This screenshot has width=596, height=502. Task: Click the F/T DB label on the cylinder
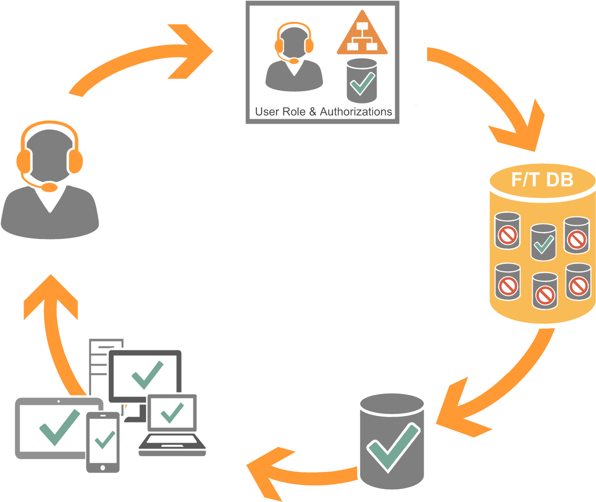click(x=542, y=180)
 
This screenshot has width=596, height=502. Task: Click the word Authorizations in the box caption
click(x=355, y=112)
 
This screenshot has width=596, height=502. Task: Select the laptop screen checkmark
click(x=172, y=412)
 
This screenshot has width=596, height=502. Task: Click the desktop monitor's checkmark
click(x=146, y=374)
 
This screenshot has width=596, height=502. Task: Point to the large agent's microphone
click(x=49, y=187)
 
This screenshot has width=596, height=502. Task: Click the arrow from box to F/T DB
click(x=491, y=98)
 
